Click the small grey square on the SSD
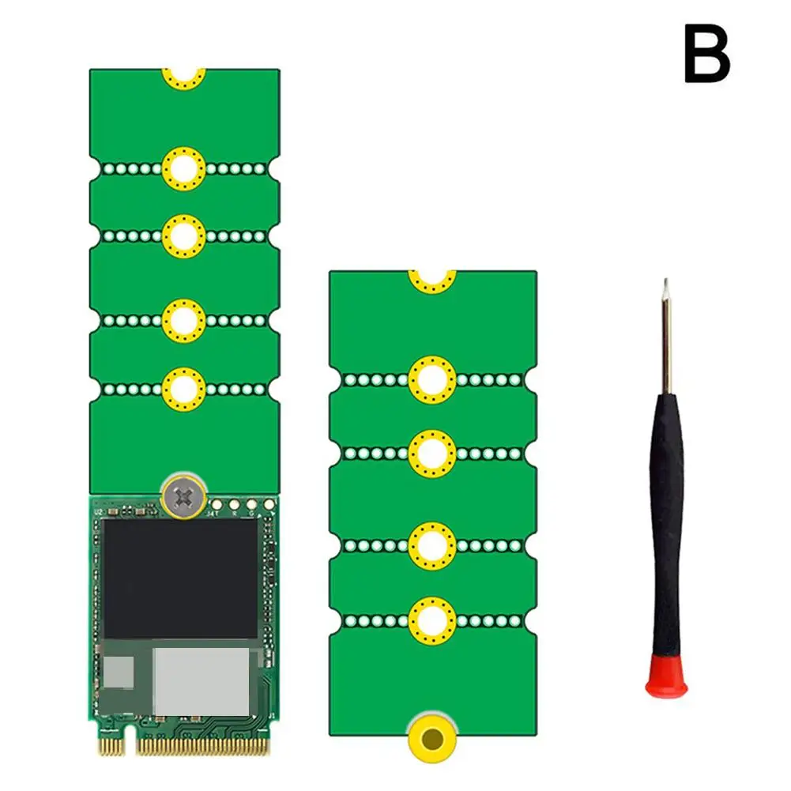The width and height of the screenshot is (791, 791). click(119, 672)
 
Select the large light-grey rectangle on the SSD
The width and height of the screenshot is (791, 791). click(201, 681)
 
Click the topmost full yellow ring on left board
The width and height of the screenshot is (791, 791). click(184, 168)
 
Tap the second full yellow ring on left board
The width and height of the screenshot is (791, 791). click(184, 235)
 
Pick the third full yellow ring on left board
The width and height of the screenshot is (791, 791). click(184, 320)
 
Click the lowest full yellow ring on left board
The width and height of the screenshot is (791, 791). click(184, 388)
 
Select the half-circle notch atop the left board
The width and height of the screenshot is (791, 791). click(184, 77)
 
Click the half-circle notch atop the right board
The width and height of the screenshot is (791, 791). click(432, 279)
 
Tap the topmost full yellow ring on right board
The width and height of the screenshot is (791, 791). click(432, 379)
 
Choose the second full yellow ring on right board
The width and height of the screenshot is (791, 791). click(432, 454)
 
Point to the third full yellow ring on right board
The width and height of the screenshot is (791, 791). click(432, 545)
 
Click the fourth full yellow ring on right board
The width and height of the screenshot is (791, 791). click(432, 620)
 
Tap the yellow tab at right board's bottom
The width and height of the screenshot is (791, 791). click(432, 740)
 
